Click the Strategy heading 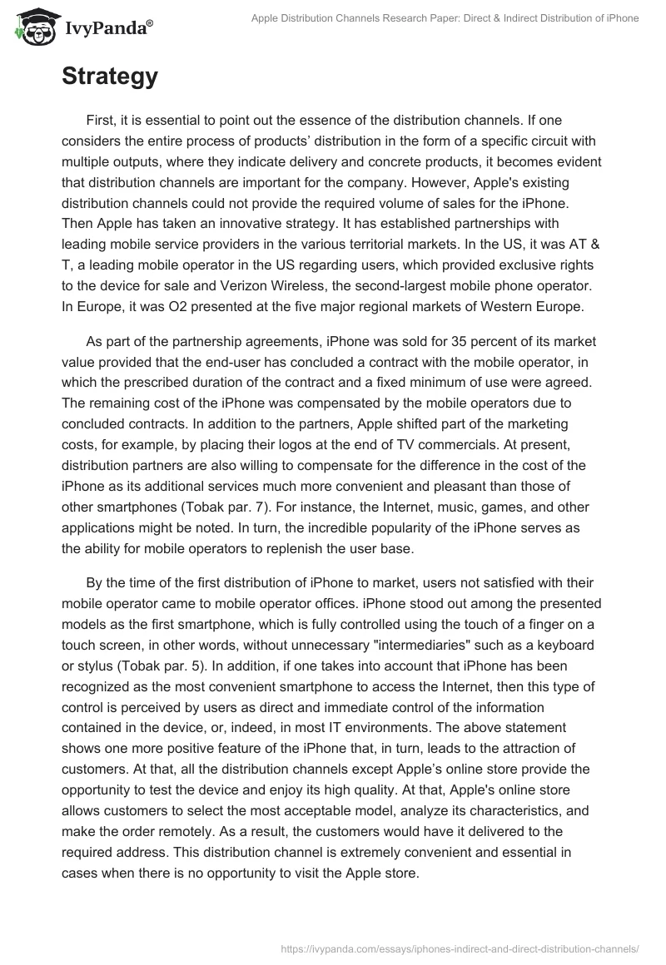(x=109, y=77)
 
